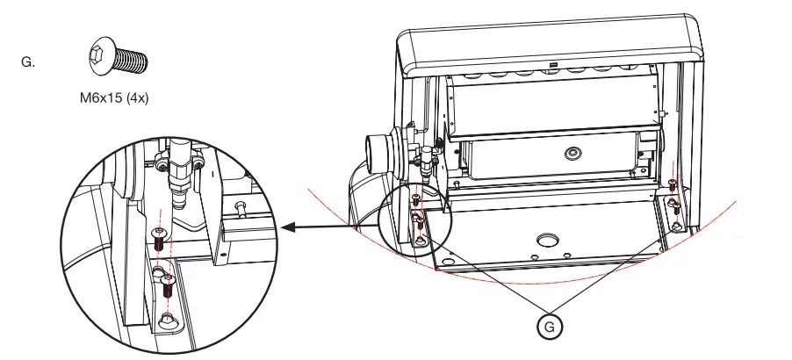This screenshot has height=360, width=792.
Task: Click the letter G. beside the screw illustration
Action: (x=27, y=62)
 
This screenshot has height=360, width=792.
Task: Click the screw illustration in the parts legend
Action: (x=117, y=58)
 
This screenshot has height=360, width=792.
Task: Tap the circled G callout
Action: (x=550, y=325)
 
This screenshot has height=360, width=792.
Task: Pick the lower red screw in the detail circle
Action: (x=170, y=284)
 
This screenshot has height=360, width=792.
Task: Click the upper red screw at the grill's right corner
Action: (x=672, y=185)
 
